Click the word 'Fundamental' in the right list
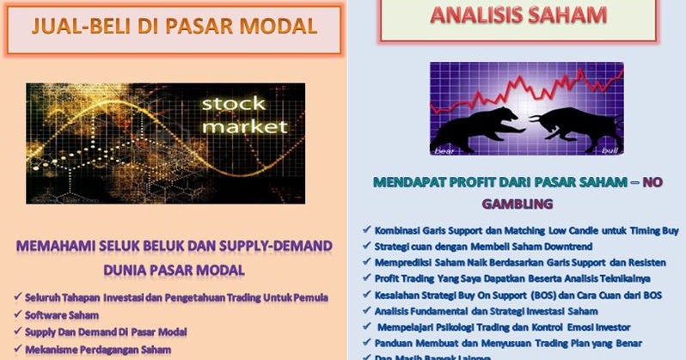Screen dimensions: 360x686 [x=454, y=310]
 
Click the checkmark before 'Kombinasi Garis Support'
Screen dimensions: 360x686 [x=366, y=230]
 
